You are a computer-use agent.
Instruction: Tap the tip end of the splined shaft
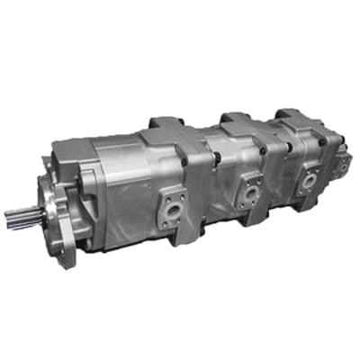(9, 218)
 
